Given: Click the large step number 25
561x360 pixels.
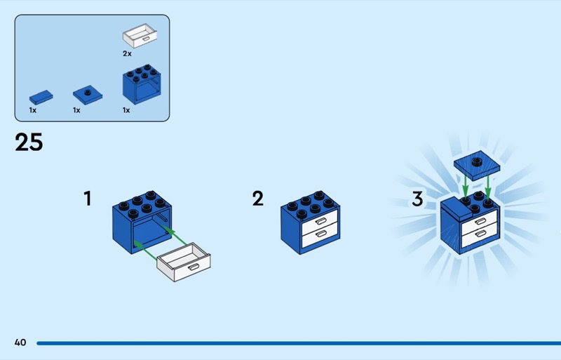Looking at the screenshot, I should coord(29,142).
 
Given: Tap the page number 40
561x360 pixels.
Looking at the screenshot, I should coord(20,342).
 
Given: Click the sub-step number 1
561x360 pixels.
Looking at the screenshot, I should coord(88,199).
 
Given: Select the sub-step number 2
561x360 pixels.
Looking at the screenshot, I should coord(258,199).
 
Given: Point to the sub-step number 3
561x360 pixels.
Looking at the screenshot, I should coord(417,199).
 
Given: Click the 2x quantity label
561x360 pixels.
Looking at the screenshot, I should coord(127,53).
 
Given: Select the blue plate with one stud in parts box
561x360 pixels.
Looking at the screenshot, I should coord(88,95).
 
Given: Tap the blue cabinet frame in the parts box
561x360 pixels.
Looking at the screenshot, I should coord(142,86).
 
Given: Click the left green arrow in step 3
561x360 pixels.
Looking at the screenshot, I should coord(465,185).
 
